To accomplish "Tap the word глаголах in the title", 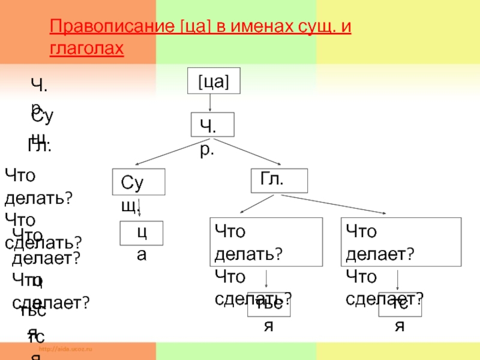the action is point(86,48).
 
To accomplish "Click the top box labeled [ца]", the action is point(214,81).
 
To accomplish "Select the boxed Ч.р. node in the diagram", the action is point(212,125).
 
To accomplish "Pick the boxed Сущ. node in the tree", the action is point(139,182).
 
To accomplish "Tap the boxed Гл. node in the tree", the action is point(278,180).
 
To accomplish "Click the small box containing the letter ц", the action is point(142,233).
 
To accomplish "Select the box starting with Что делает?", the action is point(401,242).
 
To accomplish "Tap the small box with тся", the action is point(400,306).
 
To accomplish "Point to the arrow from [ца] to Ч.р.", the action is point(210,103).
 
